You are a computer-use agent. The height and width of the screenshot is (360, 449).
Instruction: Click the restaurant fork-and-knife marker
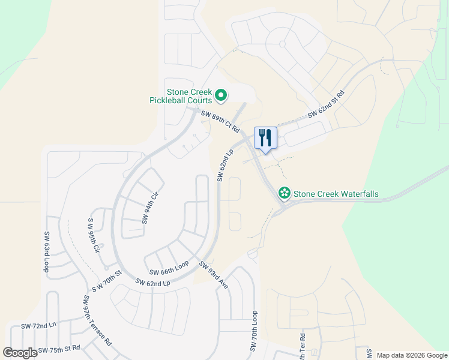click(x=265, y=138)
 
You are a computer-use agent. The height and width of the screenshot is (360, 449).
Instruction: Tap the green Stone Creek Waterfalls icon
click(x=284, y=194)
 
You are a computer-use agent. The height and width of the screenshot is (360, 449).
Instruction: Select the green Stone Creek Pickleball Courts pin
click(x=221, y=95)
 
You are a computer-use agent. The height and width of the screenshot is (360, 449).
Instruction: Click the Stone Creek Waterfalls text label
click(x=340, y=194)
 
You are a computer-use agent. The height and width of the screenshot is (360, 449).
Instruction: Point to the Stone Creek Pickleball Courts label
click(x=181, y=96)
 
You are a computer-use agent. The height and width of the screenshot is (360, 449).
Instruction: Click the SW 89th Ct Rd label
click(x=220, y=122)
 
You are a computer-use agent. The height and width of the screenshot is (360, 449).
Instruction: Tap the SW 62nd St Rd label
click(x=327, y=104)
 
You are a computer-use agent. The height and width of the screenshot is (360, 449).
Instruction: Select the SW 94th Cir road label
click(x=150, y=208)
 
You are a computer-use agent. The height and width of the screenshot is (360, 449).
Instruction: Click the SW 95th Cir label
click(x=92, y=234)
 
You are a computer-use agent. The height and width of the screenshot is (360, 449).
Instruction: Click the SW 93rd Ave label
click(x=214, y=275)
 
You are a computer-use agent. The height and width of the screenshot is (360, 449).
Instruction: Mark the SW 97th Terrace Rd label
click(x=97, y=320)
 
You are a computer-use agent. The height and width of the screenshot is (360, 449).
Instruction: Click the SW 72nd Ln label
click(x=38, y=326)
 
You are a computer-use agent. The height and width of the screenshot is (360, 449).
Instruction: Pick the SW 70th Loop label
click(x=254, y=332)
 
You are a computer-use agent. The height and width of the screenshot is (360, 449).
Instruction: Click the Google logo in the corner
click(x=20, y=353)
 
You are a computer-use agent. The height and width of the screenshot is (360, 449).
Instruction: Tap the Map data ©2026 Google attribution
click(x=411, y=355)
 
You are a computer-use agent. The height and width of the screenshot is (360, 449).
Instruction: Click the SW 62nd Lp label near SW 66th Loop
click(x=153, y=282)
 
